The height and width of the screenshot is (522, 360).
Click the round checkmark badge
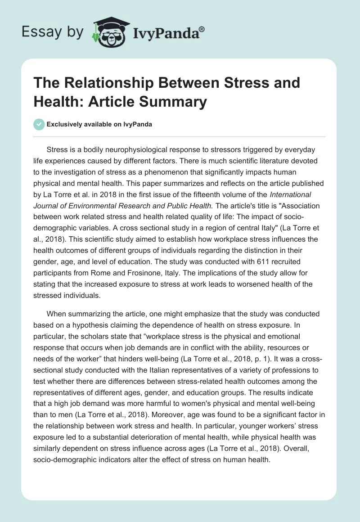39,125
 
